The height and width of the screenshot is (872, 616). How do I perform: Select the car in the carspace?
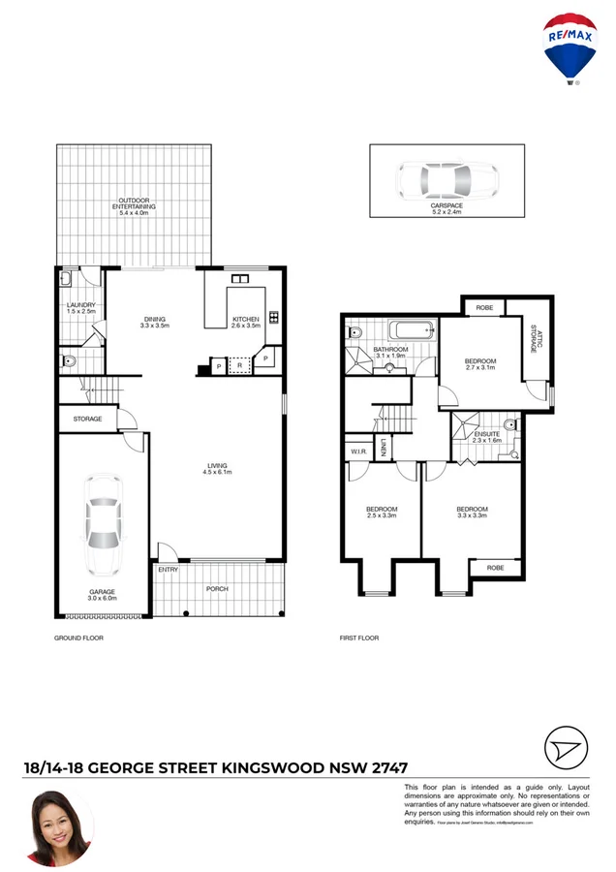click(447, 179)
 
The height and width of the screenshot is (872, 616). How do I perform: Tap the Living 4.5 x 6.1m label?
click(218, 469)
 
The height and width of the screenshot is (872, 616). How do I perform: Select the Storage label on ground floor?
click(87, 419)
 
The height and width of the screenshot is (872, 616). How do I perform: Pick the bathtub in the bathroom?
click(414, 331)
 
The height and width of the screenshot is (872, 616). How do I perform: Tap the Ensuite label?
click(486, 436)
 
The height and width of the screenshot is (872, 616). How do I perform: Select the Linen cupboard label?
click(384, 447)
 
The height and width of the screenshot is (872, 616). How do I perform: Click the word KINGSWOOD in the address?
click(269, 767)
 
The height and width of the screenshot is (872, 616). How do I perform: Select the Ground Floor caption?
click(78, 638)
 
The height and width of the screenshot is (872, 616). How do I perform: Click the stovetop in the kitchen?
click(273, 317)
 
